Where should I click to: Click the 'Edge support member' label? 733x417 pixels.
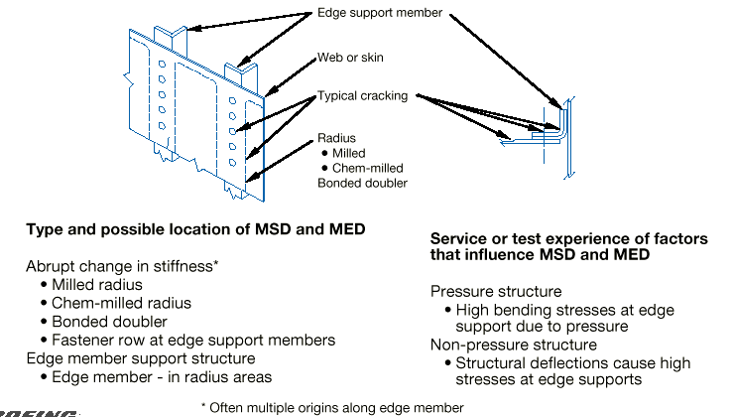[379, 13]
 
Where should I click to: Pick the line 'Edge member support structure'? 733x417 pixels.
[128, 357]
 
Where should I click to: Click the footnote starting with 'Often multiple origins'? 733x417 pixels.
[331, 406]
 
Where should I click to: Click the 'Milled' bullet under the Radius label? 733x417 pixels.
[346, 153]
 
